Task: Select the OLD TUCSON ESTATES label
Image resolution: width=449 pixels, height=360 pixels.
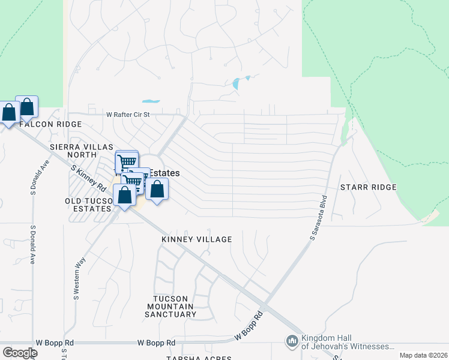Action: click(x=89, y=205)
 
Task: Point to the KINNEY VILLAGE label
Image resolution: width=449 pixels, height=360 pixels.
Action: click(x=196, y=239)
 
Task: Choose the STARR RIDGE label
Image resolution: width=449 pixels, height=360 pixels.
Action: click(x=368, y=187)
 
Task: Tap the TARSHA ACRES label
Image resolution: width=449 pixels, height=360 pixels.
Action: click(x=199, y=358)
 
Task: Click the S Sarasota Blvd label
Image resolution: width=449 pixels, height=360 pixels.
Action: click(x=319, y=218)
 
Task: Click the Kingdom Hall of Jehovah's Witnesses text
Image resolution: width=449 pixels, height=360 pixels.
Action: click(x=348, y=342)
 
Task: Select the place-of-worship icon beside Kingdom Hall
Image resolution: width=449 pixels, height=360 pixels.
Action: click(x=292, y=341)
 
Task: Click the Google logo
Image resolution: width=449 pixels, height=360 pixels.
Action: click(x=20, y=353)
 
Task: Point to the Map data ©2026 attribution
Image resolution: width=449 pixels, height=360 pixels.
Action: click(x=423, y=355)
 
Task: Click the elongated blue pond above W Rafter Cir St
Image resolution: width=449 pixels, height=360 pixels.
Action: click(x=151, y=101)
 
